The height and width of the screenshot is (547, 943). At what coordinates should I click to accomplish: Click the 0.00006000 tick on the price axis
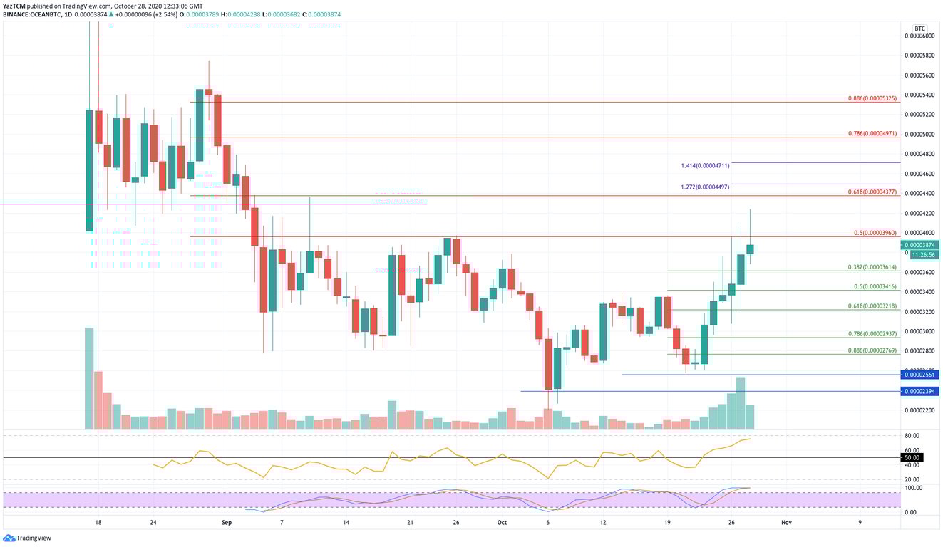pos(919,36)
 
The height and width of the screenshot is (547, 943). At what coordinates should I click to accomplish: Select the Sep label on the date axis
pos(227,522)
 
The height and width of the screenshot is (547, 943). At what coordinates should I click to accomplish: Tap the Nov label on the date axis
pos(785,522)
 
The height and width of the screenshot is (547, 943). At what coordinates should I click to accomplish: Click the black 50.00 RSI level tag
pos(912,457)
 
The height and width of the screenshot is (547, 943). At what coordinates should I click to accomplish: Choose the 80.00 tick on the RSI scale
pos(912,435)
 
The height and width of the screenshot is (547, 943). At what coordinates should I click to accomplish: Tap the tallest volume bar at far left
pos(89,378)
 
